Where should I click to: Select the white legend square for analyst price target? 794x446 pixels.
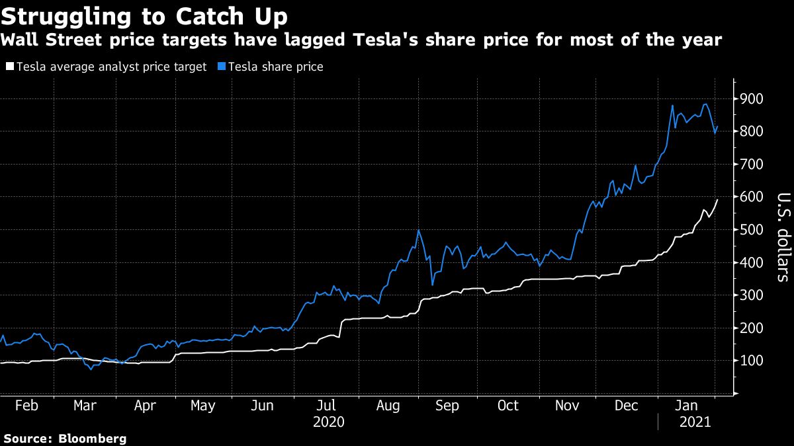coord(9,67)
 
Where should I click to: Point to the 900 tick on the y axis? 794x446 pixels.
coord(751,99)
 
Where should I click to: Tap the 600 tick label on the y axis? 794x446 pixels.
coord(751,198)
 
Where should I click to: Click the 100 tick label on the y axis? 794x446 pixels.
coord(751,361)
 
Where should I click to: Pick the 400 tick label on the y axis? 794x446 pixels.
coord(751,263)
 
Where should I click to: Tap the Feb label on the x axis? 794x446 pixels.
coord(26,406)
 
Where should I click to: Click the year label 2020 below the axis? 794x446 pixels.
coord(328,422)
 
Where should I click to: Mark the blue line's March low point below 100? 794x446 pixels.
coord(91,369)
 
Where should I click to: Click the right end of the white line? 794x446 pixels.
coord(718,200)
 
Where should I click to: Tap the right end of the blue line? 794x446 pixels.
coord(718,127)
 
